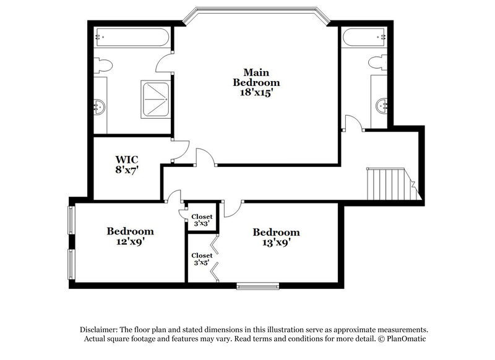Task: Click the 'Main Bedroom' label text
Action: point(256,77)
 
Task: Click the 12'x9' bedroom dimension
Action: point(130,242)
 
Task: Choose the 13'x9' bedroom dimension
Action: point(276,243)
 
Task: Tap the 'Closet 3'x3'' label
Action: point(202,220)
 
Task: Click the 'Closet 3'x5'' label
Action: point(202,259)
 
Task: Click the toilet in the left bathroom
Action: point(103,65)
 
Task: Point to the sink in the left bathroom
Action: point(100,107)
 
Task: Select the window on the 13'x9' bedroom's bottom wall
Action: point(257,286)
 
